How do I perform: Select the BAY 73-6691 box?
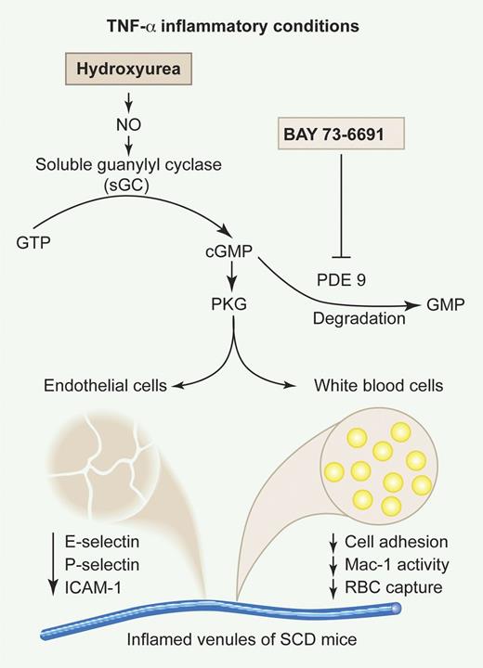click(x=345, y=135)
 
